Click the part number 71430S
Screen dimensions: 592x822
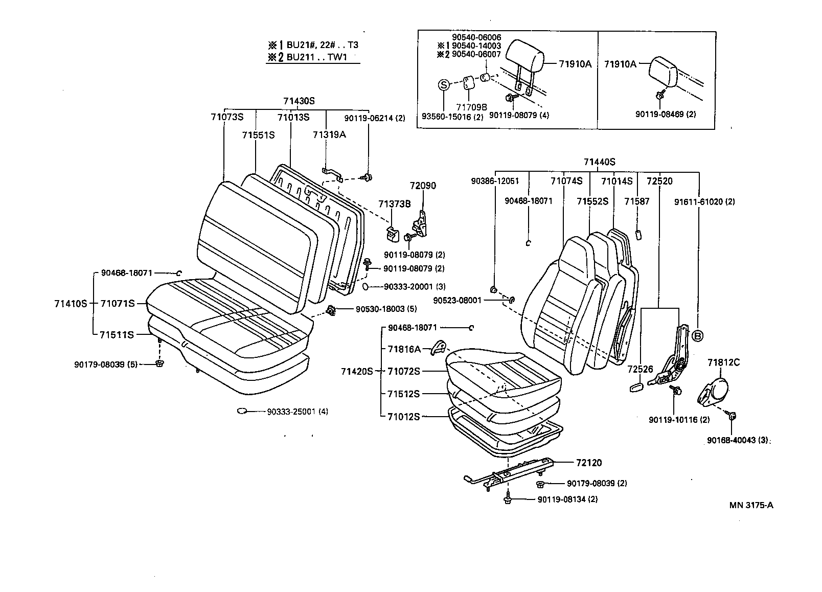(299, 101)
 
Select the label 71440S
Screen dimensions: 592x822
(599, 162)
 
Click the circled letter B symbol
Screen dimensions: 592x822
(698, 335)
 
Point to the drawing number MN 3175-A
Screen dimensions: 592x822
(751, 505)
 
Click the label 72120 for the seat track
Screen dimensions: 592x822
(589, 463)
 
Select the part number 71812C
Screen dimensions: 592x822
(723, 362)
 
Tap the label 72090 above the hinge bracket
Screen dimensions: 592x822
(423, 186)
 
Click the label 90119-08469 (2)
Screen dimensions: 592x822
(666, 114)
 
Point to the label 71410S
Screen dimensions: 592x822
(71, 303)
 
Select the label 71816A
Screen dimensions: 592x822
(404, 349)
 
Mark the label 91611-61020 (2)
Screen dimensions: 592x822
(704, 201)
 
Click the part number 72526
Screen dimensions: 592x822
(641, 369)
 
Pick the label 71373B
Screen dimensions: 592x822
(394, 204)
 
